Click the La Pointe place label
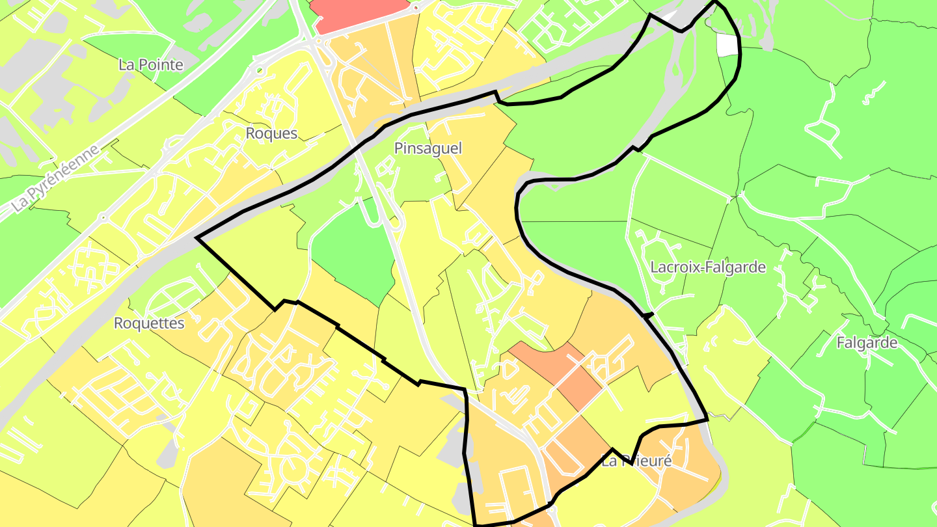tap(150, 65)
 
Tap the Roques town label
tap(271, 133)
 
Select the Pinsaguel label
tap(428, 148)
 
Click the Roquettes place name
tap(149, 323)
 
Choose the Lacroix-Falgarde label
tap(708, 267)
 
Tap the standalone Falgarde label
tap(867, 343)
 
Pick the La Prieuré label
tap(636, 461)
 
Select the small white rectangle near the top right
tap(727, 44)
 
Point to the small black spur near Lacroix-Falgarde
tap(647, 315)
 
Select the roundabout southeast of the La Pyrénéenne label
tap(102, 217)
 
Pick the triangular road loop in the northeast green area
tap(823, 133)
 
